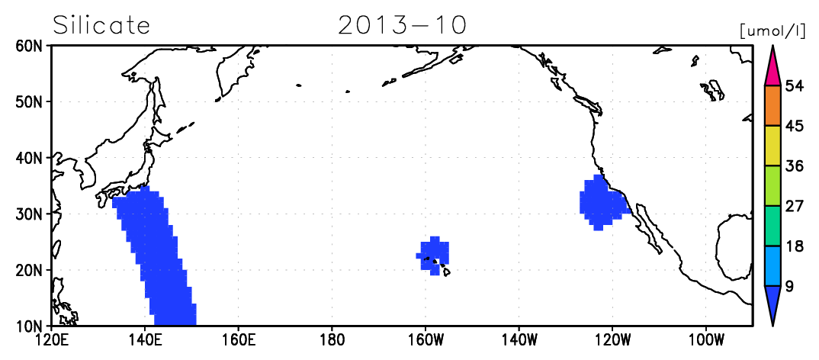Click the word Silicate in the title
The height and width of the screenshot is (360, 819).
(x=102, y=25)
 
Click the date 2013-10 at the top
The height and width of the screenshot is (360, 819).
(x=402, y=25)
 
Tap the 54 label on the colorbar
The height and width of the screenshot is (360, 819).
(x=795, y=86)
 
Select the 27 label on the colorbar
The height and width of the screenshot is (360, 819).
(x=795, y=207)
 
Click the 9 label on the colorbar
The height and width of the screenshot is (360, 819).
(x=790, y=286)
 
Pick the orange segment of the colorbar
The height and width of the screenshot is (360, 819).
(x=772, y=106)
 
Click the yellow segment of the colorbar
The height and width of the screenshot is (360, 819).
(x=772, y=146)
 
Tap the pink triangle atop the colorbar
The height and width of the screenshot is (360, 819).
(x=772, y=66)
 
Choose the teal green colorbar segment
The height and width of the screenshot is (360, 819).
(x=772, y=227)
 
